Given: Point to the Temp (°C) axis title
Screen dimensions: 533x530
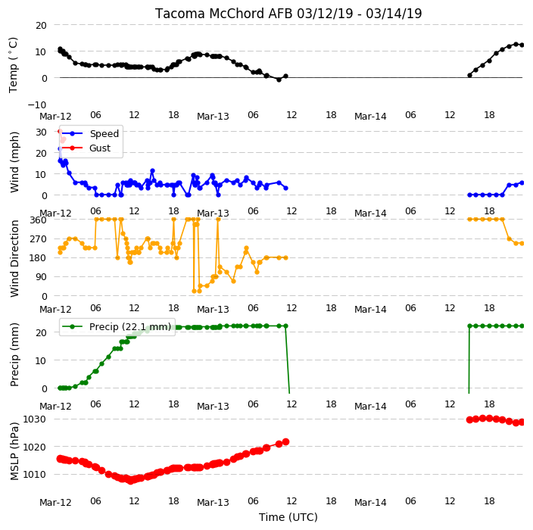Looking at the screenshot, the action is [13, 65].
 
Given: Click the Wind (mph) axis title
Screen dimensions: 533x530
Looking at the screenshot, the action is [14, 163].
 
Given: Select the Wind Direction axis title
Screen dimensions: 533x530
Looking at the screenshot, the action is [14, 259].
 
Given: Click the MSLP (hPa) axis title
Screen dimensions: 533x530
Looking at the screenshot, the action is [14, 451].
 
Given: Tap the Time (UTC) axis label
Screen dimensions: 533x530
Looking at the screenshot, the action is [288, 517].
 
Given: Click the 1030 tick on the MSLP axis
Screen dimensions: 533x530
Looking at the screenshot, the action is [34, 419].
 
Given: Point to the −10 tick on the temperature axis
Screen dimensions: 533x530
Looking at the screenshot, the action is [37, 104].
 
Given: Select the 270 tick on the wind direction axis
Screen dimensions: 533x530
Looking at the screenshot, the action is [39, 239].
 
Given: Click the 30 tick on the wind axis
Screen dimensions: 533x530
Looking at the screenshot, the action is [41, 132].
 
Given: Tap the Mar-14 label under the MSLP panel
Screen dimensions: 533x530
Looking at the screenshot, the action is [370, 503].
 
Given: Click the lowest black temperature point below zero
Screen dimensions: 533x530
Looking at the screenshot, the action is [279, 79].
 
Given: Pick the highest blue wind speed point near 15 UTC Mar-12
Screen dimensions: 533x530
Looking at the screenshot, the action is [152, 170].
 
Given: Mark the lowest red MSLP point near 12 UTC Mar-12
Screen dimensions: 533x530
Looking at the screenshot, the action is [130, 481].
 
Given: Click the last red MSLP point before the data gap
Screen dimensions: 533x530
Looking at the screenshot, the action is [286, 441].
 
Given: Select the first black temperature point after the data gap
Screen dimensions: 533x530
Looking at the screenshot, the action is [469, 75].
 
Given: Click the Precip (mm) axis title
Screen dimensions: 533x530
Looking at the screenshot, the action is [14, 354].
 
